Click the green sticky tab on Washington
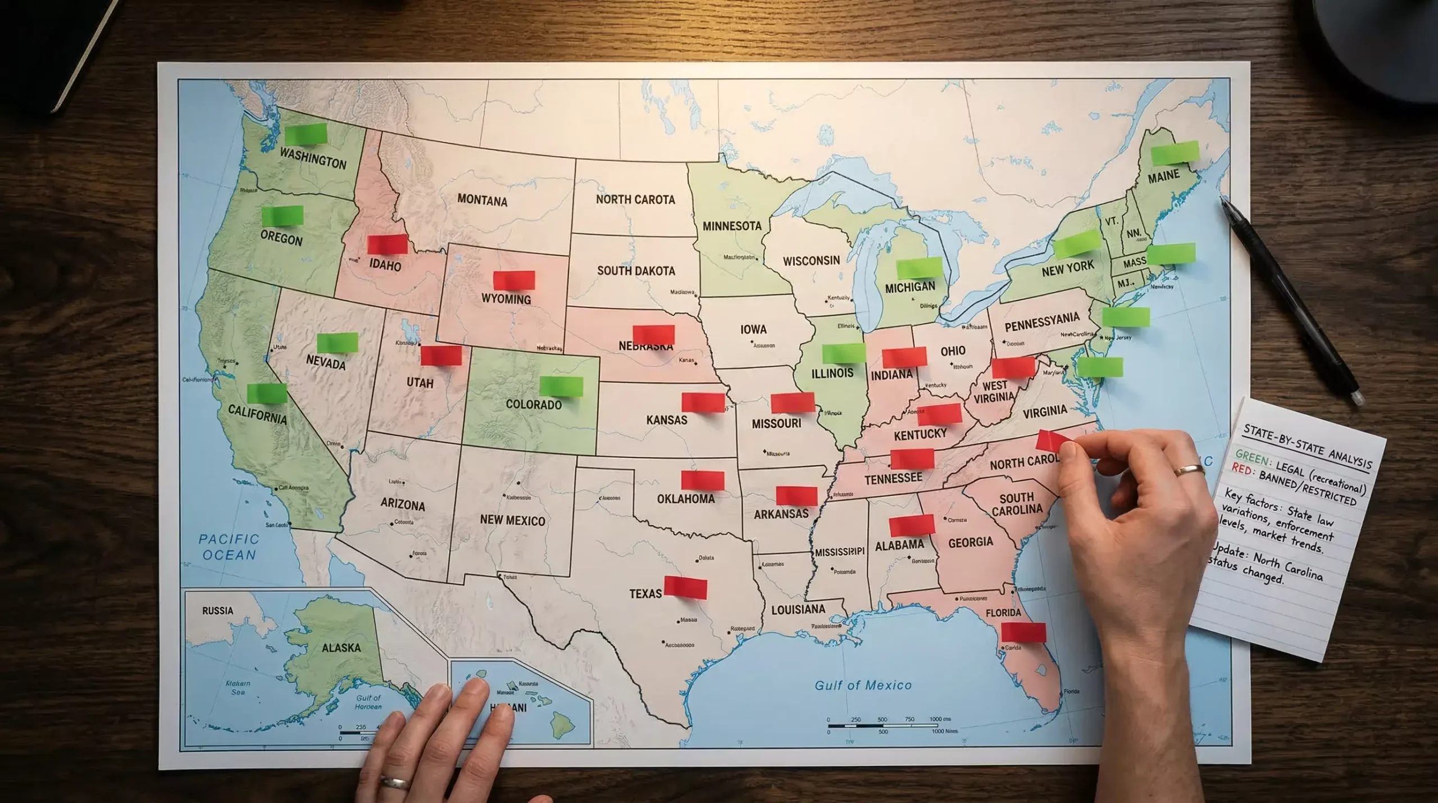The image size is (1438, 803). click(306, 134)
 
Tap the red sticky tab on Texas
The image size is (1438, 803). click(685, 587)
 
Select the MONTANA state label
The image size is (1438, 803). click(482, 200)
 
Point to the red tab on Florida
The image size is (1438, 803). click(1023, 632)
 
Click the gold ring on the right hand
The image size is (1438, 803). click(1189, 470)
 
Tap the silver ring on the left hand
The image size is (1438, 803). click(394, 782)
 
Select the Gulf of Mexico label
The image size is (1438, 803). click(863, 685)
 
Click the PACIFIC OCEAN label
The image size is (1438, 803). click(229, 547)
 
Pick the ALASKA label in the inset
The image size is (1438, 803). click(341, 647)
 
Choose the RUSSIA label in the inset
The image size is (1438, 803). click(217, 610)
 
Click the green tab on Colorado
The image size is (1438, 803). click(561, 386)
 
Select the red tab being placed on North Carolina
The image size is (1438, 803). click(1049, 441)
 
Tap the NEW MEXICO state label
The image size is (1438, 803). click(512, 520)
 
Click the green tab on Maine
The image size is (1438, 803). click(1175, 153)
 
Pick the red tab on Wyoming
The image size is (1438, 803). click(514, 280)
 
